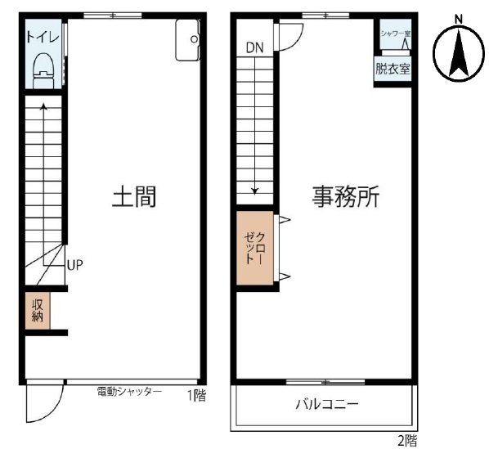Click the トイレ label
click(x=43, y=38)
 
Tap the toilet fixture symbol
click(x=43, y=71)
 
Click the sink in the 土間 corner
click(x=187, y=39)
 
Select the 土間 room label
click(x=134, y=196)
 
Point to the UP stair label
click(x=75, y=265)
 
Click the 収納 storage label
click(x=38, y=311)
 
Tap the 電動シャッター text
click(x=129, y=392)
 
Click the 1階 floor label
click(x=196, y=396)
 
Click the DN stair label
click(x=255, y=47)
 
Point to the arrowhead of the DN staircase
click(x=255, y=191)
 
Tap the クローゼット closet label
click(x=255, y=248)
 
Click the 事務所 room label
click(x=346, y=196)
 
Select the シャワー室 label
click(x=395, y=34)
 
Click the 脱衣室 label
click(x=393, y=69)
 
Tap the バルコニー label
click(x=327, y=405)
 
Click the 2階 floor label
click(x=407, y=441)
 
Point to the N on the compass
click(x=459, y=20)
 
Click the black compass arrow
click(x=459, y=53)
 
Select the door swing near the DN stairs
click(x=290, y=37)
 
